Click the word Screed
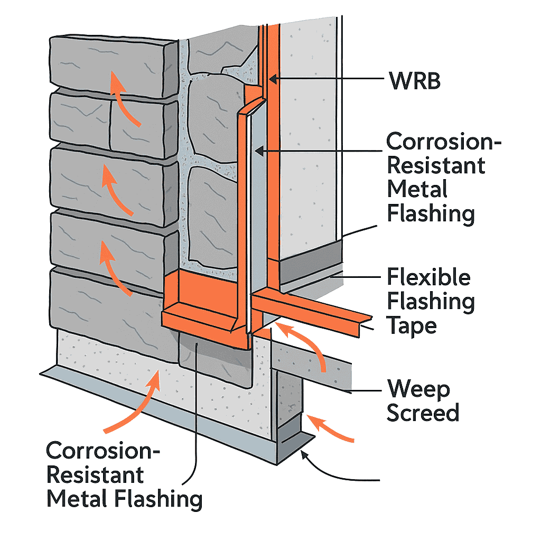tap(423, 413)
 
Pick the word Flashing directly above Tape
tap(431, 301)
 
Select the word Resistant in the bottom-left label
tap(95, 474)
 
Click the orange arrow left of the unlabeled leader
tap(328, 427)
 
